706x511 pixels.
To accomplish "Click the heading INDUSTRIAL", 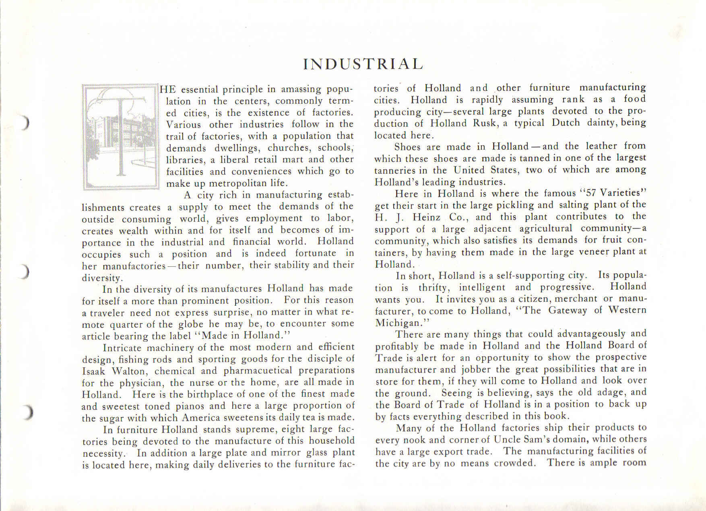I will click(x=363, y=64).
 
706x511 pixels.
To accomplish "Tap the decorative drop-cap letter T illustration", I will click(x=120, y=136).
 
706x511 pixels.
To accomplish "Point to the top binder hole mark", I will click(x=25, y=122).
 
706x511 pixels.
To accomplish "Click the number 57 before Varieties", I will click(x=591, y=193).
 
